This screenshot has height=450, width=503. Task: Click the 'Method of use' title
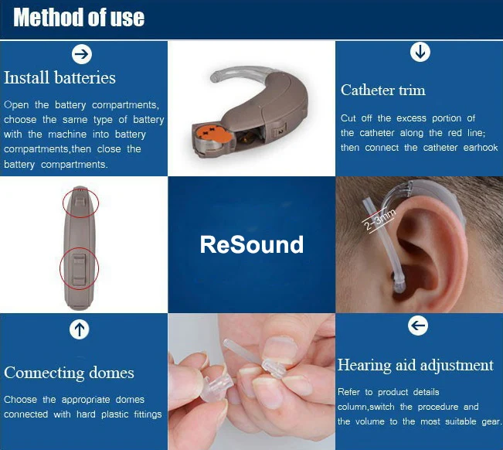(x=79, y=18)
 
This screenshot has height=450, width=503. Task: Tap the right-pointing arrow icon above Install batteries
(x=81, y=53)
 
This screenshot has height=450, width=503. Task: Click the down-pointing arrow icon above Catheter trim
(x=420, y=52)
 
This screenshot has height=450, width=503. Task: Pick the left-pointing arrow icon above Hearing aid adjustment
(x=417, y=326)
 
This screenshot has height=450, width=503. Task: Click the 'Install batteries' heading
(x=59, y=78)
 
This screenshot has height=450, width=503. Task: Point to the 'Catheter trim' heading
(x=382, y=90)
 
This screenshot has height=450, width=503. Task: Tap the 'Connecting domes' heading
(x=69, y=373)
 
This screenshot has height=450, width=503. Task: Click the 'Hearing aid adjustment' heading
(x=415, y=365)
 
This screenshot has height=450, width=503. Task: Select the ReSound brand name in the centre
(x=251, y=245)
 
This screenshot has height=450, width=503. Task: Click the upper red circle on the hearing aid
(x=81, y=203)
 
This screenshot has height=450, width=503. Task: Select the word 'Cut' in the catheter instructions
(x=348, y=118)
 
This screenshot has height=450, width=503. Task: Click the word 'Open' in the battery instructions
(x=16, y=104)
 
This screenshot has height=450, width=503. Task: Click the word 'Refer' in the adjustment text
(x=351, y=392)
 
